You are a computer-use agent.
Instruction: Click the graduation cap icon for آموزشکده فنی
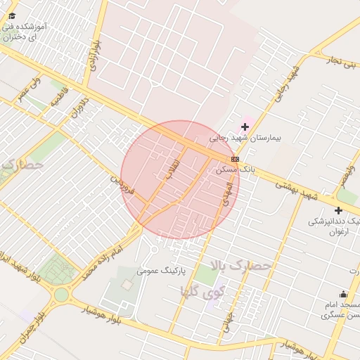click(12, 16)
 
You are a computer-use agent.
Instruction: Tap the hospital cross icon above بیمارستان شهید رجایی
click(245, 127)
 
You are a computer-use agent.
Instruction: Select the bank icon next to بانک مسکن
click(234, 160)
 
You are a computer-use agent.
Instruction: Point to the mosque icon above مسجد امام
click(343, 293)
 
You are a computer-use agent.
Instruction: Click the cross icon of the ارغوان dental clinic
click(338, 210)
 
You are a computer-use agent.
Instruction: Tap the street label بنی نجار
click(341, 60)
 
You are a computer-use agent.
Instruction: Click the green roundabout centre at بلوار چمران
click(60, 295)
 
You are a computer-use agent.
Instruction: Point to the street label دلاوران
click(77, 116)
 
